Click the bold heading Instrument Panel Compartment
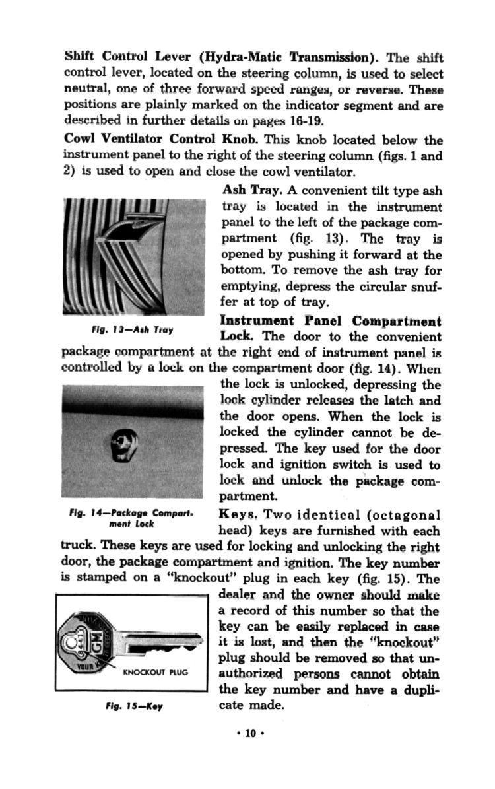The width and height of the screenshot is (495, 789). click(331, 322)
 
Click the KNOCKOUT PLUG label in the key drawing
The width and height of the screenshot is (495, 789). click(156, 672)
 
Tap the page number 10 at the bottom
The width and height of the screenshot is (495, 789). click(249, 733)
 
